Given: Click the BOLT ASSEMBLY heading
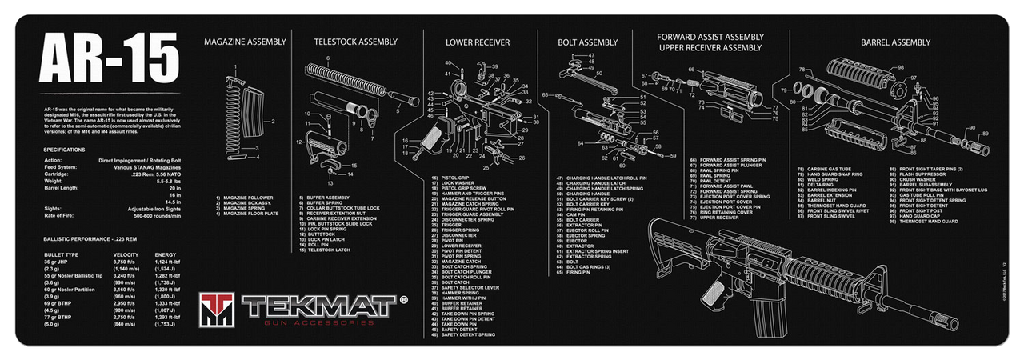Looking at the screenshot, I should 588,42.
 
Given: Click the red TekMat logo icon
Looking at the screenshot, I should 217,308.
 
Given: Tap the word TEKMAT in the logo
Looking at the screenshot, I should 320,306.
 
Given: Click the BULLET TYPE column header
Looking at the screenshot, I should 62,254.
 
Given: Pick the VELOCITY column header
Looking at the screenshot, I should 128,254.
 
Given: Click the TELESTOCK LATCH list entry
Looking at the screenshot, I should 328,250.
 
